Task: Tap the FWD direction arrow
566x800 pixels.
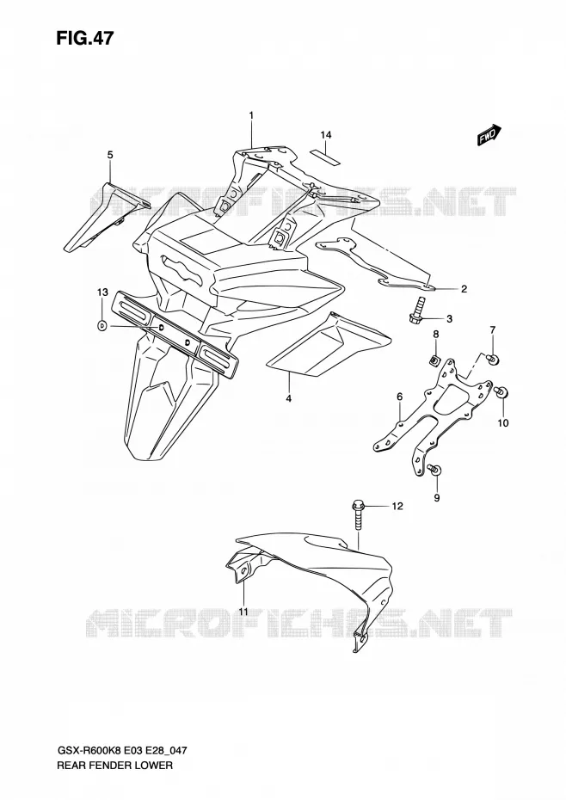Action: point(489,135)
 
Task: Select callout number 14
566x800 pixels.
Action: point(326,135)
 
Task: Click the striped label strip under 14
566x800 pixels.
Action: point(325,157)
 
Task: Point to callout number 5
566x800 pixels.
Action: point(110,155)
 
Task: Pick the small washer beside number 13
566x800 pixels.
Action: point(102,325)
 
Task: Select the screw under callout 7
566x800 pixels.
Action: point(493,360)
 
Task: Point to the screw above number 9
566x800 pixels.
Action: point(435,470)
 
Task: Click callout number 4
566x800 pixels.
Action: point(288,398)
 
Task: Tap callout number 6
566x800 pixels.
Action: point(399,397)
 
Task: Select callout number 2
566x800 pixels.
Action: point(464,289)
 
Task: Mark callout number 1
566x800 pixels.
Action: point(251,116)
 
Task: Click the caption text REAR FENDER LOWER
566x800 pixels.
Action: point(114,766)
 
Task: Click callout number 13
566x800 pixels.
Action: point(102,292)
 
